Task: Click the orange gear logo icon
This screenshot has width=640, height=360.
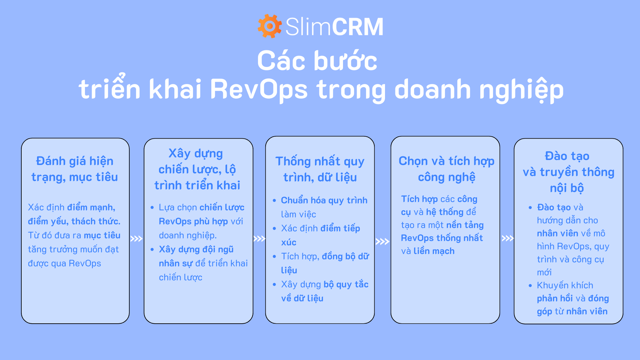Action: coord(270,26)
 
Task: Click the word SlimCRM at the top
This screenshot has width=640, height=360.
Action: coord(334,27)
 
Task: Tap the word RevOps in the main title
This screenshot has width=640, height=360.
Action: coord(259,89)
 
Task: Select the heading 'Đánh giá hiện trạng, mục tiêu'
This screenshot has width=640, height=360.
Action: coord(75,169)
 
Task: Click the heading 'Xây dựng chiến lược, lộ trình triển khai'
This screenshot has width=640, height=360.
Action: coord(197,169)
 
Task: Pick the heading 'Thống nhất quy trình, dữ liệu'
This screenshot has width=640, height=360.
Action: coord(320,169)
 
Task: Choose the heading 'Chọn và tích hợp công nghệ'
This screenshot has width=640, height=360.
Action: coord(447,169)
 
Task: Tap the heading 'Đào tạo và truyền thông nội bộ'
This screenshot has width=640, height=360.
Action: coord(568,172)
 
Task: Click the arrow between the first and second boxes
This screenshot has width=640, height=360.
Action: coord(136,239)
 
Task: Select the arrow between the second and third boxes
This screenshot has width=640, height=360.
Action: coord(259,239)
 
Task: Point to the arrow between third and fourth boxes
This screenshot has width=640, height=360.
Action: coord(382,241)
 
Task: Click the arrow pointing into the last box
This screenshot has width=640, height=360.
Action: coord(508,238)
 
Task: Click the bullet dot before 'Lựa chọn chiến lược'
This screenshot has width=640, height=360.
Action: coord(152,207)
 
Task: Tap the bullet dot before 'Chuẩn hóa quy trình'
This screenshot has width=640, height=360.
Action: coord(274,200)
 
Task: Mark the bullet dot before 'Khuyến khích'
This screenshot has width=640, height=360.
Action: coord(530,285)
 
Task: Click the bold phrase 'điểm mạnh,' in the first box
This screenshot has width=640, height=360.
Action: coord(91,207)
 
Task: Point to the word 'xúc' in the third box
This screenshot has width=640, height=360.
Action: coord(289,242)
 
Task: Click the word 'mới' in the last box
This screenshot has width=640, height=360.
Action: coord(544,272)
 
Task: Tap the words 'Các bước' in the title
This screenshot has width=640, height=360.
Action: coord(317,61)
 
